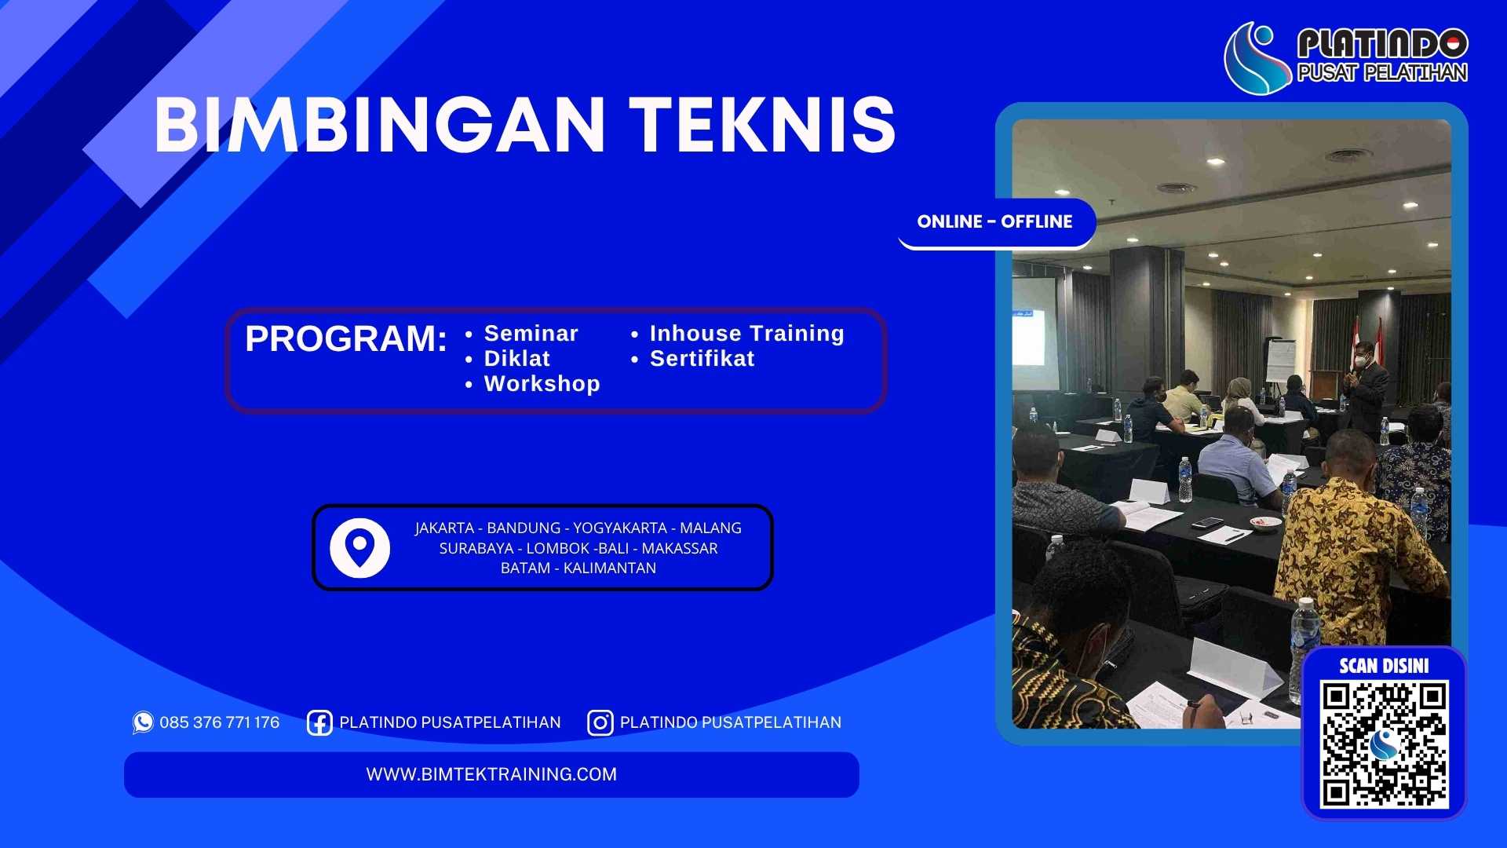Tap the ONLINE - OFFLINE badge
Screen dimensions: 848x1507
994,222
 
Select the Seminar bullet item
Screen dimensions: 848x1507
531,334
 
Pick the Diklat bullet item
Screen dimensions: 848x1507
516,359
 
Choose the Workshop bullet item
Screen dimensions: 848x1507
542,384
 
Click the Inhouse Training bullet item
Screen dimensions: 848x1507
746,334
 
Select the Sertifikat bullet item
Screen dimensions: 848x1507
702,359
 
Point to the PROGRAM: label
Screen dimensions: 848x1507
345,339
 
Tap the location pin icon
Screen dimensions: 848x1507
359,547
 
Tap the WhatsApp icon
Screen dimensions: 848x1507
143,722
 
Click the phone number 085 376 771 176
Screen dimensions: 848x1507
219,722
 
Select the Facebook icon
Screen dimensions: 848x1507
319,722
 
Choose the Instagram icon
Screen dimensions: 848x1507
600,722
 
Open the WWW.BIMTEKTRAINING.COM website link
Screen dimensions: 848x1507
491,774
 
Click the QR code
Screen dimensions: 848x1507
1384,744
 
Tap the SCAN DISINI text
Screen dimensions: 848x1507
1384,667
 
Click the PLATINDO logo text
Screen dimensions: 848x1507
1381,43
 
